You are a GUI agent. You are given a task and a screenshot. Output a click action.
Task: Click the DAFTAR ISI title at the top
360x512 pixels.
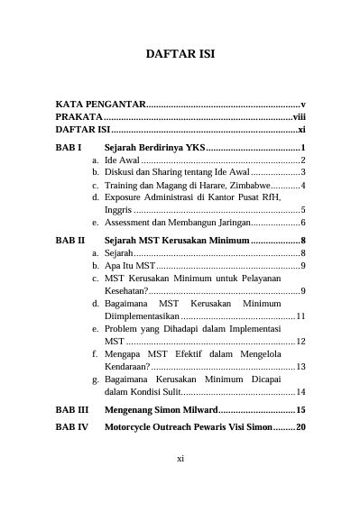pyautogui.click(x=180, y=55)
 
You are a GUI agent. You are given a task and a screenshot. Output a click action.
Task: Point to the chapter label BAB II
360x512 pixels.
pyautogui.click(x=70, y=241)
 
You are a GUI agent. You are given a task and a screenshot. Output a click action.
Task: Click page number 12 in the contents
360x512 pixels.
pyautogui.click(x=300, y=342)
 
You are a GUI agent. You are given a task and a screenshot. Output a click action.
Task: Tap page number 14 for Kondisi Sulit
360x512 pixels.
pyautogui.click(x=300, y=392)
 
